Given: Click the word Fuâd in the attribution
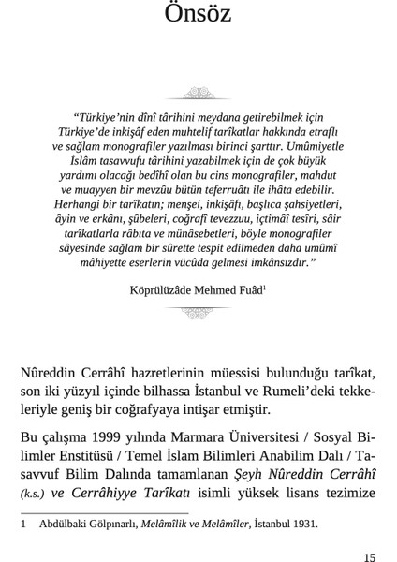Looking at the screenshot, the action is (250, 290).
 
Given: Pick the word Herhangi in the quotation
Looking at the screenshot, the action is (79, 202).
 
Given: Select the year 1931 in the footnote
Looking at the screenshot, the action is (305, 525).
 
